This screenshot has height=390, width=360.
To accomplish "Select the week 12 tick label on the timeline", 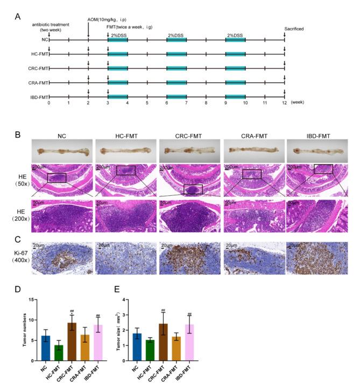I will click(284, 102).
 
